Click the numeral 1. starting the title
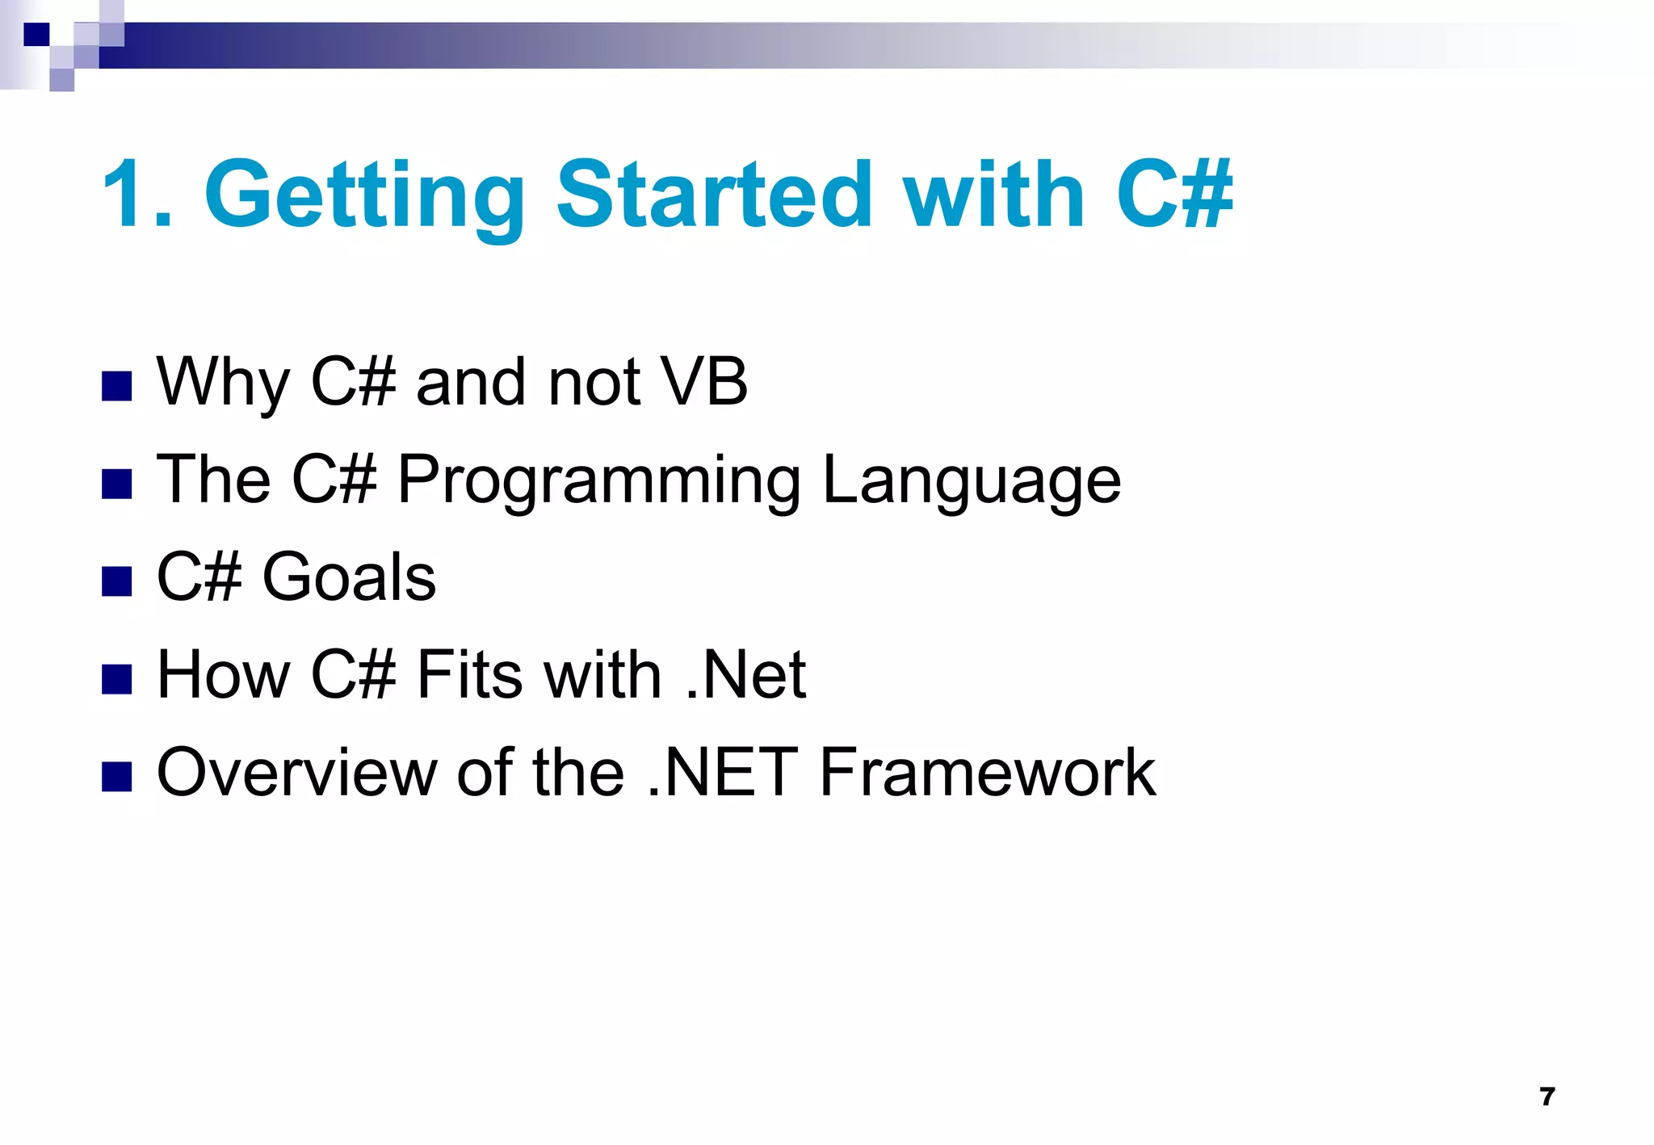click(137, 195)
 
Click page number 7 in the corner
click(1547, 1097)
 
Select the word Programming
click(598, 481)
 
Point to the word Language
click(972, 481)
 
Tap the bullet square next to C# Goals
click(117, 581)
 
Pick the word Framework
click(987, 773)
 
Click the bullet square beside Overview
click(117, 777)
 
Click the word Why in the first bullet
click(223, 383)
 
